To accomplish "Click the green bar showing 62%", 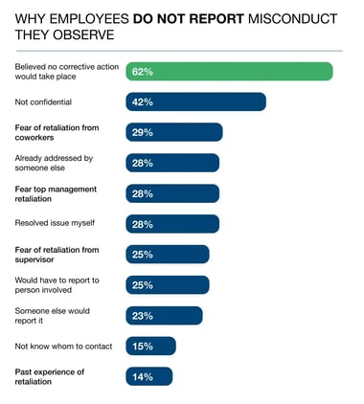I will (x=229, y=72).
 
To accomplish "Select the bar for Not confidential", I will (x=195, y=101).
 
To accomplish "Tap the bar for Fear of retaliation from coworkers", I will (x=173, y=132).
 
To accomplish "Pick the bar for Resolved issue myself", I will (x=172, y=224).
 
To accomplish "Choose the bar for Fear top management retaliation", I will (x=172, y=193).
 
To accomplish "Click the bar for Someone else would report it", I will (x=164, y=316).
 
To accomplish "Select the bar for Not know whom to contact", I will (x=150, y=346).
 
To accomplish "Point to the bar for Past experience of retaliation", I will (x=148, y=376).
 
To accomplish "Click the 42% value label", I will (x=144, y=102).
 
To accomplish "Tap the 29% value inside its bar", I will (x=144, y=133).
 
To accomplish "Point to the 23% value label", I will (x=144, y=316).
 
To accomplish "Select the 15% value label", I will (x=144, y=347).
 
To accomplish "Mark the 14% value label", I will (x=144, y=377).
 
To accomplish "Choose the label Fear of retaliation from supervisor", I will (x=54, y=254).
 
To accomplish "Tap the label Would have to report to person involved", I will (x=54, y=284).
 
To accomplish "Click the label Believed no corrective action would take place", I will (x=60, y=71).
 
